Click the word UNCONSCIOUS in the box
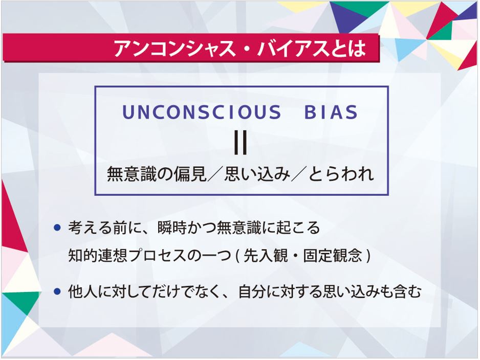(x=202, y=112)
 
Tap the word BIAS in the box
(x=331, y=112)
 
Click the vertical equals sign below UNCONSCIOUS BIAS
(x=241, y=143)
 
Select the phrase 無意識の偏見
(x=157, y=174)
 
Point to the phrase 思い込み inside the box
(x=257, y=174)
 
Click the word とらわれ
(x=340, y=174)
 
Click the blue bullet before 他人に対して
(x=57, y=291)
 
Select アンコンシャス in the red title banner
(x=174, y=49)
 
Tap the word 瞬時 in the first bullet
(x=172, y=228)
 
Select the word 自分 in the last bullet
(x=253, y=291)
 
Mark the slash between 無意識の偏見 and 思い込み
(x=215, y=174)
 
